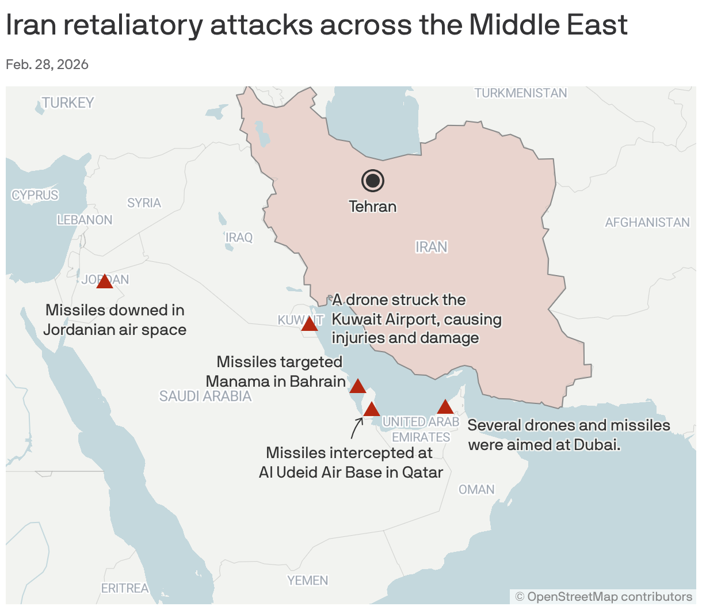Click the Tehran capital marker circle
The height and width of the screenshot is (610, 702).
pos(373,181)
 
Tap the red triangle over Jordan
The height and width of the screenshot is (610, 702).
pos(105,282)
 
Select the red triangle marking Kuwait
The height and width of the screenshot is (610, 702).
pos(310,325)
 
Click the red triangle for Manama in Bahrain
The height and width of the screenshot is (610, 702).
pos(358,387)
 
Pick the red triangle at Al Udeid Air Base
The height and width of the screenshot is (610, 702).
pos(372,410)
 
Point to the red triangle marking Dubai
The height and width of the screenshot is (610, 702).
pos(445,407)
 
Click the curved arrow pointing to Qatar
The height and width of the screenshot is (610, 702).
pos(356,428)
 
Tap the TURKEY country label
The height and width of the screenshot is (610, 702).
pos(68,102)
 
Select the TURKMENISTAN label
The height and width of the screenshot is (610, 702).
pos(521,93)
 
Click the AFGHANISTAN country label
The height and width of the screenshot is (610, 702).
pos(647,222)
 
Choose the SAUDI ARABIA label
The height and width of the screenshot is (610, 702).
pos(205,396)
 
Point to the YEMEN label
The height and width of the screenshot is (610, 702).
pos(308,580)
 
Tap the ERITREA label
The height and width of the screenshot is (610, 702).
pos(125,588)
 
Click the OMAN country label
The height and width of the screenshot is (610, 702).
pos(476,489)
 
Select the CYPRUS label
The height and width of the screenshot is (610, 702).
pos(35,195)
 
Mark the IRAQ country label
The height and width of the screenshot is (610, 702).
pos(239,237)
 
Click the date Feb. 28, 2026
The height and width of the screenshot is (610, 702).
pos(47,64)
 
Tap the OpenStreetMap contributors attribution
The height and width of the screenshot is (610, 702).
pos(604,596)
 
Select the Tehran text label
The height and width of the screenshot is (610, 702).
pos(373,206)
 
